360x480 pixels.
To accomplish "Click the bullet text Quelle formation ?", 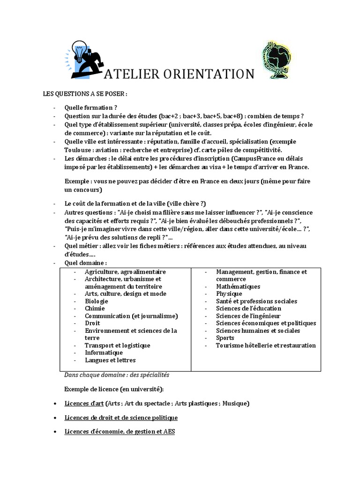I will pyautogui.click(x=90, y=107).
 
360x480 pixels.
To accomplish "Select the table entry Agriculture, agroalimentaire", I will pyautogui.click(x=125, y=271).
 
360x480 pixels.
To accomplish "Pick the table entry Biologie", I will pyautogui.click(x=97, y=301).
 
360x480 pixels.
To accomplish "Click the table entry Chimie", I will pyautogui.click(x=95, y=308).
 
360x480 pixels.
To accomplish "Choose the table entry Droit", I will pyautogui.click(x=92, y=323).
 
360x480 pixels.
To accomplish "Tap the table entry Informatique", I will pyautogui.click(x=104, y=352).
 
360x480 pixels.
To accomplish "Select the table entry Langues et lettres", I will pyautogui.click(x=110, y=360).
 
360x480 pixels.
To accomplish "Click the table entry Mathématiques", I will pyautogui.click(x=238, y=286).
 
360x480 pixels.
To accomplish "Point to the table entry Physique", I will pyautogui.click(x=229, y=293).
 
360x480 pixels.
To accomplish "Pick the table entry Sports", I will pyautogui.click(x=225, y=337).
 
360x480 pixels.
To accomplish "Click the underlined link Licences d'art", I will pyautogui.click(x=84, y=403).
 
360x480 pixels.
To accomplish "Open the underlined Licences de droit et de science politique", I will pyautogui.click(x=121, y=417).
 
